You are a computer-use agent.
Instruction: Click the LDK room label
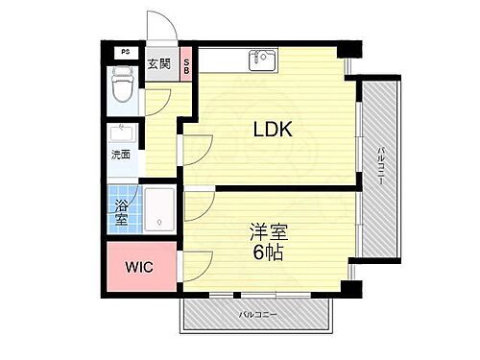(x=274, y=130)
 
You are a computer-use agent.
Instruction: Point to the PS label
(x=124, y=52)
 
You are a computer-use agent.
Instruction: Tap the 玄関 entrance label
(x=158, y=64)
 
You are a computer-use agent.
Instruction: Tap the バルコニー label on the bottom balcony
(x=258, y=314)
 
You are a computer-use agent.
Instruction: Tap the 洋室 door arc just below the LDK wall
(x=197, y=203)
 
